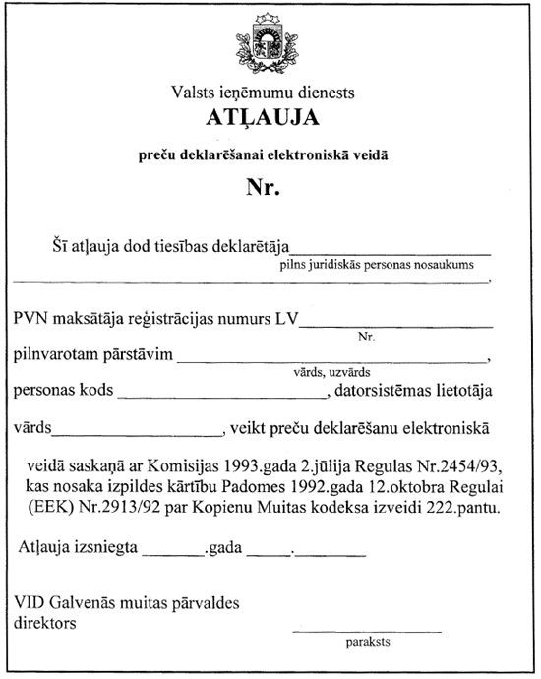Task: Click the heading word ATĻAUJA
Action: coord(263,118)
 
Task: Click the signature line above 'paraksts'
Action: coord(367,630)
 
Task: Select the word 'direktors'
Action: coord(46,622)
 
